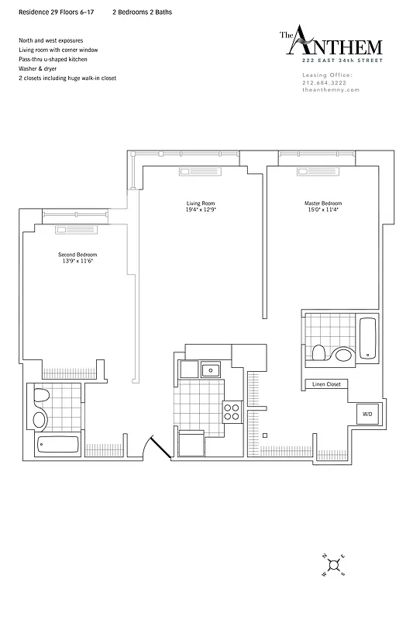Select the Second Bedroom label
coord(77,255)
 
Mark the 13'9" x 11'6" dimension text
coord(77,261)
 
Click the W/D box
coord(365,415)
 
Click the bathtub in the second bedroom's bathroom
coord(58,446)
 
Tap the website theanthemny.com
coord(331,90)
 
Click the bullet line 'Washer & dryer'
coord(39,68)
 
